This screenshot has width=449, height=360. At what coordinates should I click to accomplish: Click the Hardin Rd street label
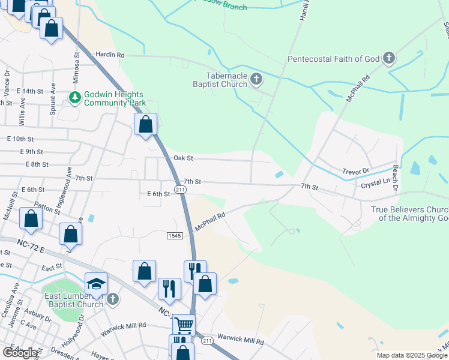(110, 55)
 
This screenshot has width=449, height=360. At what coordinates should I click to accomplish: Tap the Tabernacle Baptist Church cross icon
(256, 79)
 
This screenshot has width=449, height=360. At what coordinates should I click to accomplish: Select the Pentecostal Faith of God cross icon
(389, 58)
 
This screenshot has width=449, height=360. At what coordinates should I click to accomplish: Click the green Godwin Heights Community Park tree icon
(75, 97)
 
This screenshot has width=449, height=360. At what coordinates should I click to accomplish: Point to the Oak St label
(183, 158)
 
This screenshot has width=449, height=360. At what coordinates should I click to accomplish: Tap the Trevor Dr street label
(356, 171)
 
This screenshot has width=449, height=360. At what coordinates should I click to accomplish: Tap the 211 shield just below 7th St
(179, 190)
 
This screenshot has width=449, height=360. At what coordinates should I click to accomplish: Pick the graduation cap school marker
(97, 283)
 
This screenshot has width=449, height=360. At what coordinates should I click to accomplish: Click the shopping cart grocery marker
(184, 325)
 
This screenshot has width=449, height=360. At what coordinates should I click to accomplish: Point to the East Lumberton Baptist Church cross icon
(112, 299)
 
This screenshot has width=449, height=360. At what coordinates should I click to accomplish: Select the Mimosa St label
(77, 62)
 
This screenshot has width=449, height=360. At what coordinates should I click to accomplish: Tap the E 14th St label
(31, 91)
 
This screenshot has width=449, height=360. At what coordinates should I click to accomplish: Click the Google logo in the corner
(20, 353)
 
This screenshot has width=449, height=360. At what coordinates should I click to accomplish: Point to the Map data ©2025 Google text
(411, 355)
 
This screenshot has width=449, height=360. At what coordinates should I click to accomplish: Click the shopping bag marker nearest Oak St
(146, 125)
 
